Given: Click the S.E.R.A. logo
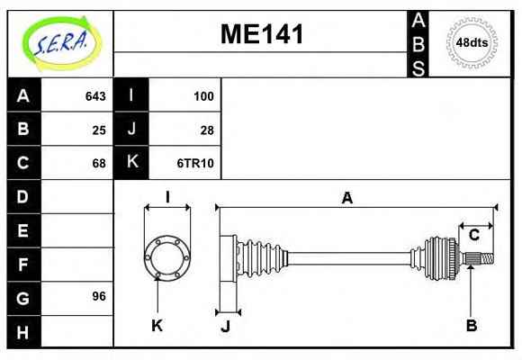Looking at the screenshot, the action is coord(62,43).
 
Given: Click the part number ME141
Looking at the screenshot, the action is coord(262,34).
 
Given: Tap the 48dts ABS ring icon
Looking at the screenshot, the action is coord(472,43).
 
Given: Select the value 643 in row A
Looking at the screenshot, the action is coord(95,96).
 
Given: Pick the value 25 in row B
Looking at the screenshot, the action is coord(99,130).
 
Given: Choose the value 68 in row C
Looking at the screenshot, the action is coord(99,163).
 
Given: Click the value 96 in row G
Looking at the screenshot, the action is coord(99,296).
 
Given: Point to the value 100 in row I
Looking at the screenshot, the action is coord(203,96).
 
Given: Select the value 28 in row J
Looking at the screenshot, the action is coord(207,130).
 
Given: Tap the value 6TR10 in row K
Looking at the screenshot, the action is coord(195,163).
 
